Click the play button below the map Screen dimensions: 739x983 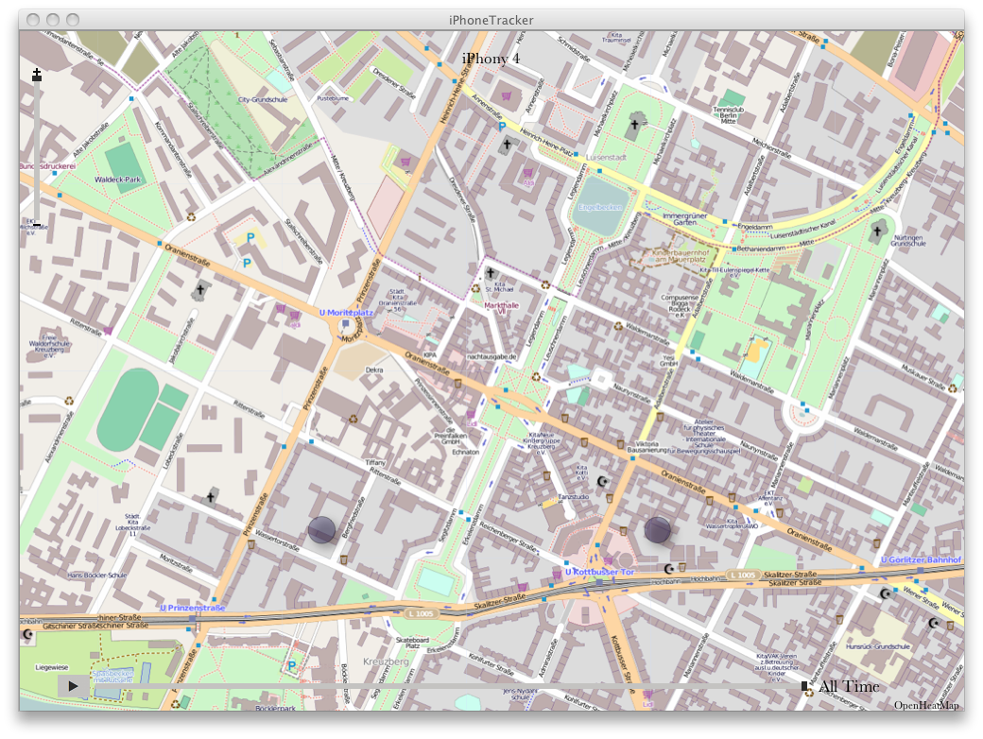pyautogui.click(x=73, y=686)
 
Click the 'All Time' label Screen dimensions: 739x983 pyautogui.click(x=849, y=687)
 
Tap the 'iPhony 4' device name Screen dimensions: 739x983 pyautogui.click(x=491, y=59)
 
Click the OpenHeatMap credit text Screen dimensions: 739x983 pyautogui.click(x=926, y=705)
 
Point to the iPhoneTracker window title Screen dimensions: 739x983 pyautogui.click(x=491, y=20)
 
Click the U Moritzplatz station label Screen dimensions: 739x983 pyautogui.click(x=347, y=312)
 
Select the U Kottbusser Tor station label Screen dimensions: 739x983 pyautogui.click(x=598, y=572)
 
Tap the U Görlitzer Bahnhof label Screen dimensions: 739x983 pyautogui.click(x=921, y=559)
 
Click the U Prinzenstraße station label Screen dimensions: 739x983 pyautogui.click(x=193, y=608)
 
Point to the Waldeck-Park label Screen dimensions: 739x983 pyautogui.click(x=117, y=180)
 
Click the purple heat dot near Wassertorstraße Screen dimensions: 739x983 pyautogui.click(x=321, y=530)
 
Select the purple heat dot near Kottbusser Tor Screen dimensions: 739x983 pyautogui.click(x=658, y=530)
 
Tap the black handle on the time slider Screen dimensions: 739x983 pyautogui.click(x=804, y=686)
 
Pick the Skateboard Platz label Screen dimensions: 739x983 pyautogui.click(x=412, y=644)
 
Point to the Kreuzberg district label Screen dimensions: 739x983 pyautogui.click(x=386, y=662)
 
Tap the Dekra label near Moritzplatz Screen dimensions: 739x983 pyautogui.click(x=374, y=370)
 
